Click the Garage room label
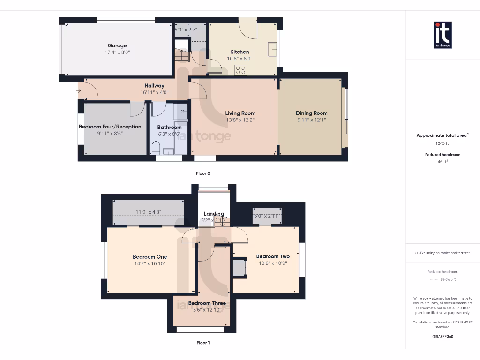tap(117, 45)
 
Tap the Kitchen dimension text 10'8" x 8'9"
tap(239, 59)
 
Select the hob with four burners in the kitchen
tap(240, 70)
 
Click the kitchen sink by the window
tap(271, 49)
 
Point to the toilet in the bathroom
tap(156, 149)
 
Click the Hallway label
tap(154, 86)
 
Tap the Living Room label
tap(240, 113)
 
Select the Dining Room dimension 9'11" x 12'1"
tap(311, 120)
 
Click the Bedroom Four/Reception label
tap(110, 127)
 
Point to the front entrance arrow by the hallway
tap(78, 91)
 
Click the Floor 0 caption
tap(203, 173)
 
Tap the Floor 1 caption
tap(203, 343)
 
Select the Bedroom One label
tap(150, 257)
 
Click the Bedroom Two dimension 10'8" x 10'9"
tap(273, 263)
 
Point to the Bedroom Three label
tap(207, 303)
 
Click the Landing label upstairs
tap(213, 214)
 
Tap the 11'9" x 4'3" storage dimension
tap(148, 212)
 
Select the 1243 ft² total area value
tap(442, 143)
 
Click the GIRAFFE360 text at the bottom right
tap(442, 336)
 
